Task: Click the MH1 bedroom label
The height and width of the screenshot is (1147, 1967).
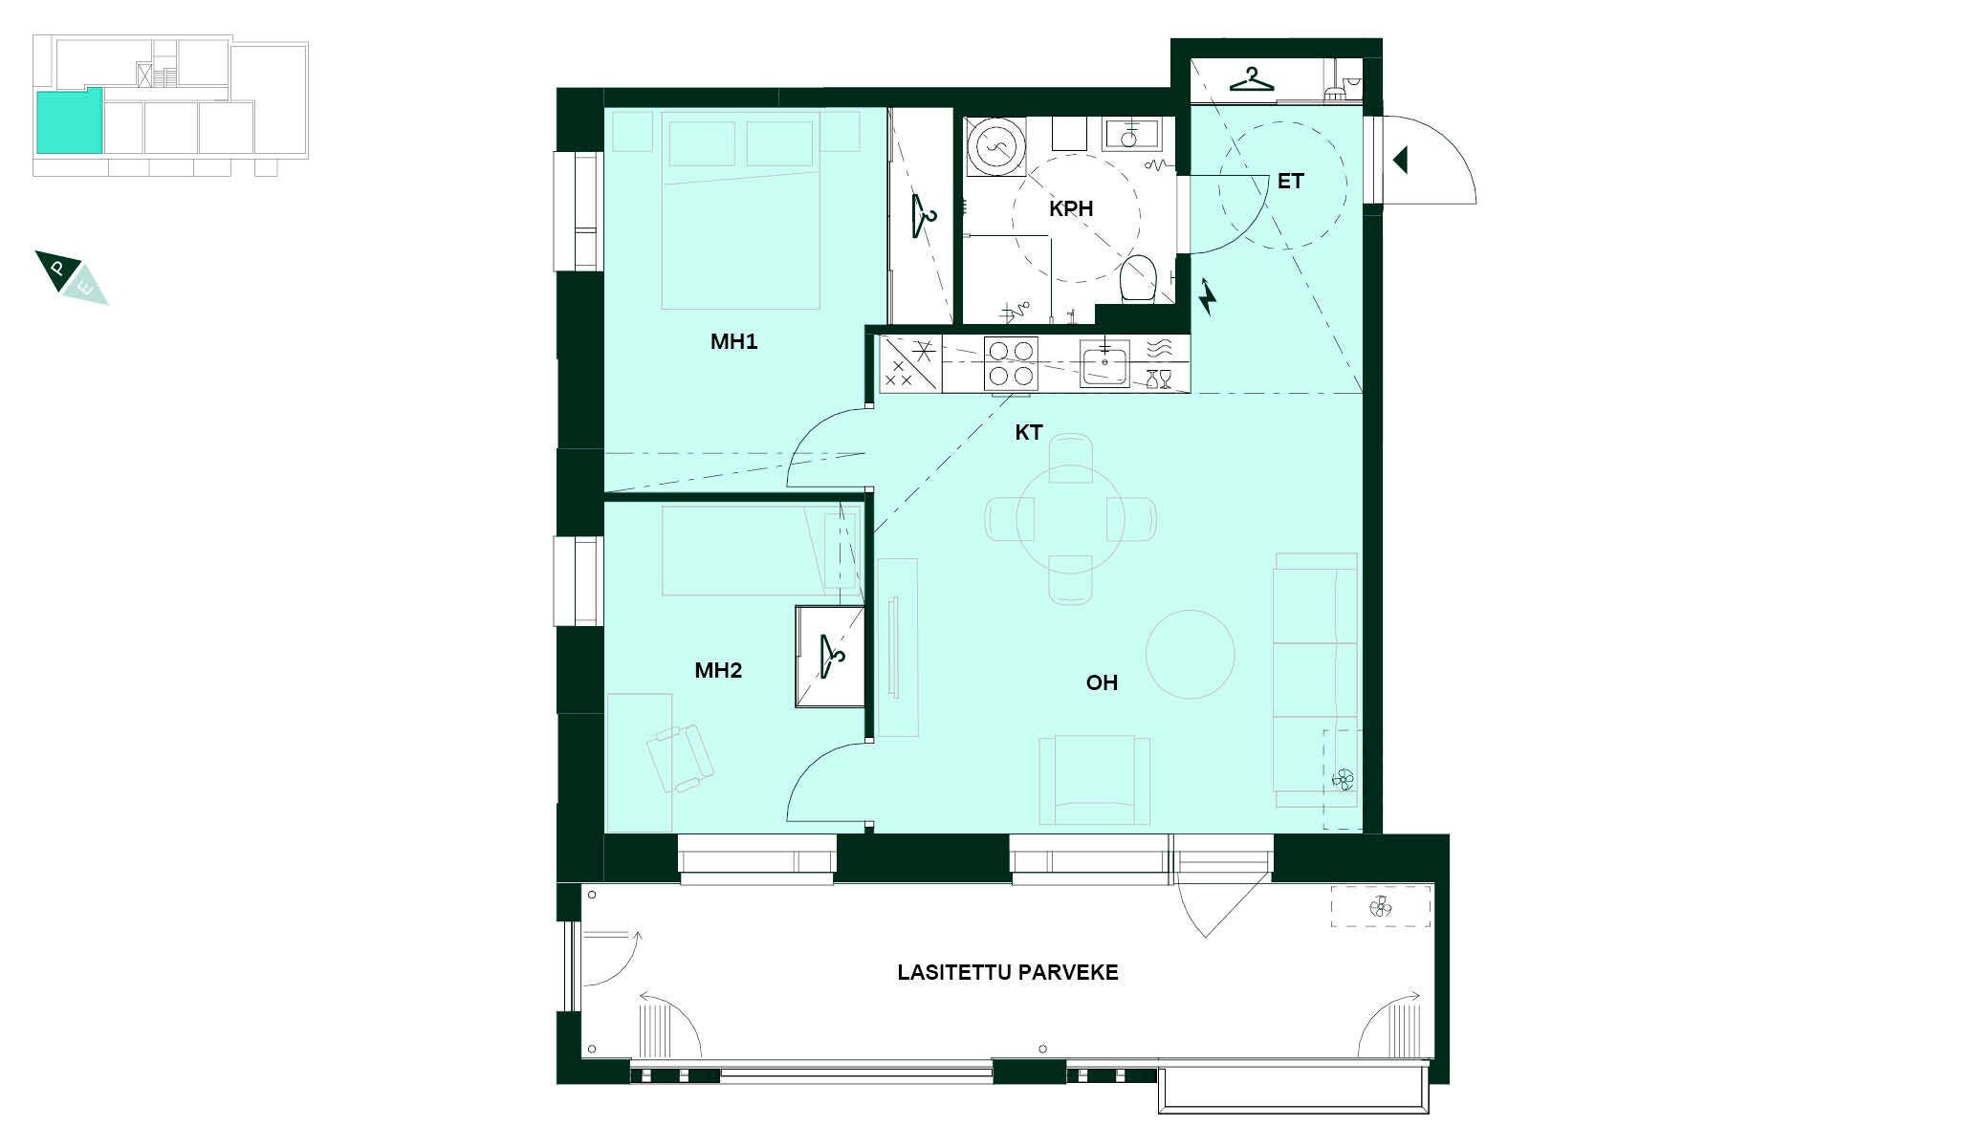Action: pos(733,342)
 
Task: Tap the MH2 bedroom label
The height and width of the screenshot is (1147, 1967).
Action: pos(718,671)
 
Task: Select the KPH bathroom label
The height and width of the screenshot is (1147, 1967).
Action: pos(1071,208)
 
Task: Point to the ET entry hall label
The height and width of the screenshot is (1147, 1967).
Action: pos(1290,182)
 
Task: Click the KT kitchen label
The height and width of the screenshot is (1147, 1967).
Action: pos(1029,433)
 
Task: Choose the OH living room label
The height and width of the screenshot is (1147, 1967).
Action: pos(1102,682)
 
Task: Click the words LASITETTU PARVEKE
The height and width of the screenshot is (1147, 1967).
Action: pos(1008,973)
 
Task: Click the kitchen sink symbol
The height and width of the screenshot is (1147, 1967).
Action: pos(1104,363)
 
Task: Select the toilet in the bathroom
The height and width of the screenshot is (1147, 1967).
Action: pos(1139,277)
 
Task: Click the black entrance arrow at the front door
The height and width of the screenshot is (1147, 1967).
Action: pos(1401,160)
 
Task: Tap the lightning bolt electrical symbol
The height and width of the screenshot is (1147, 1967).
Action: pos(1208,296)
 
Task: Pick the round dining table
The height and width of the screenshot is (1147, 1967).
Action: pos(1070,520)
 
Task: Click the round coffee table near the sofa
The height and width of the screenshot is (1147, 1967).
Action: pos(1190,655)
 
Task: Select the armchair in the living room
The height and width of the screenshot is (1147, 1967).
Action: pos(1094,779)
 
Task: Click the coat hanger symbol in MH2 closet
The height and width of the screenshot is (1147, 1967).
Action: pos(832,657)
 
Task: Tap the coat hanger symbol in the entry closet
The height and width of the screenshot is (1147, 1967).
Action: pos(1252,79)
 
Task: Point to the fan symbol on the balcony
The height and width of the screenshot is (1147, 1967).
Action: pos(1380,907)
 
